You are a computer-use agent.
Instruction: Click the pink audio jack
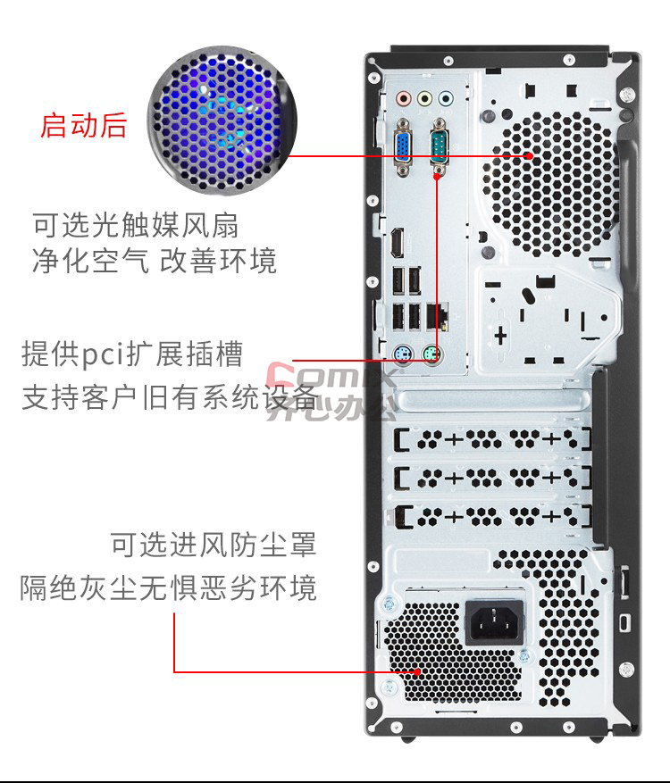(x=403, y=98)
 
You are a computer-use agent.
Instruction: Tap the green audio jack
(x=423, y=98)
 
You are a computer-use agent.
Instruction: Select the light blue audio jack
(x=445, y=98)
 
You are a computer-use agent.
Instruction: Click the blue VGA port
(x=403, y=147)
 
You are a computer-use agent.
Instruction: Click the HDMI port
(x=398, y=243)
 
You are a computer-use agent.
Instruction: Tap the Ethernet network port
(x=437, y=316)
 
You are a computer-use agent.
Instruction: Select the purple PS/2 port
(x=403, y=355)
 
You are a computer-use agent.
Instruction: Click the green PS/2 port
(x=431, y=355)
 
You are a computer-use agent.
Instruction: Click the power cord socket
(x=495, y=622)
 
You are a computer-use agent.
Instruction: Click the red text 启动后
(x=83, y=125)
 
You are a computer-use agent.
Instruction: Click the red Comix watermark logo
(x=330, y=373)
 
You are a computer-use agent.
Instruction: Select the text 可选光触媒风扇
(x=136, y=225)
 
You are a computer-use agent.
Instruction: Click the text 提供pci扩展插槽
(x=132, y=354)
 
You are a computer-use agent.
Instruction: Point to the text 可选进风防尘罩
(x=214, y=544)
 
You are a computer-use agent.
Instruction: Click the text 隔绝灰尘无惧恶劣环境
(x=168, y=587)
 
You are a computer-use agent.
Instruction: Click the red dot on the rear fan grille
(x=529, y=156)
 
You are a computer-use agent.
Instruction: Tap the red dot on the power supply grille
(x=418, y=671)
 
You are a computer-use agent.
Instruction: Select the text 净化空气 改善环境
(x=155, y=261)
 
